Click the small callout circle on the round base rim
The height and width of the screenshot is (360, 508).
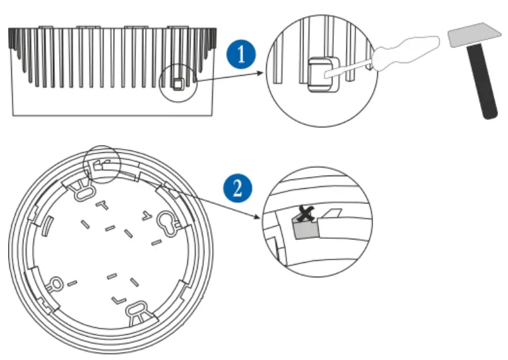click(102, 165)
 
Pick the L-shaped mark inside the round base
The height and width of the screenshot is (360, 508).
click(117, 296)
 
